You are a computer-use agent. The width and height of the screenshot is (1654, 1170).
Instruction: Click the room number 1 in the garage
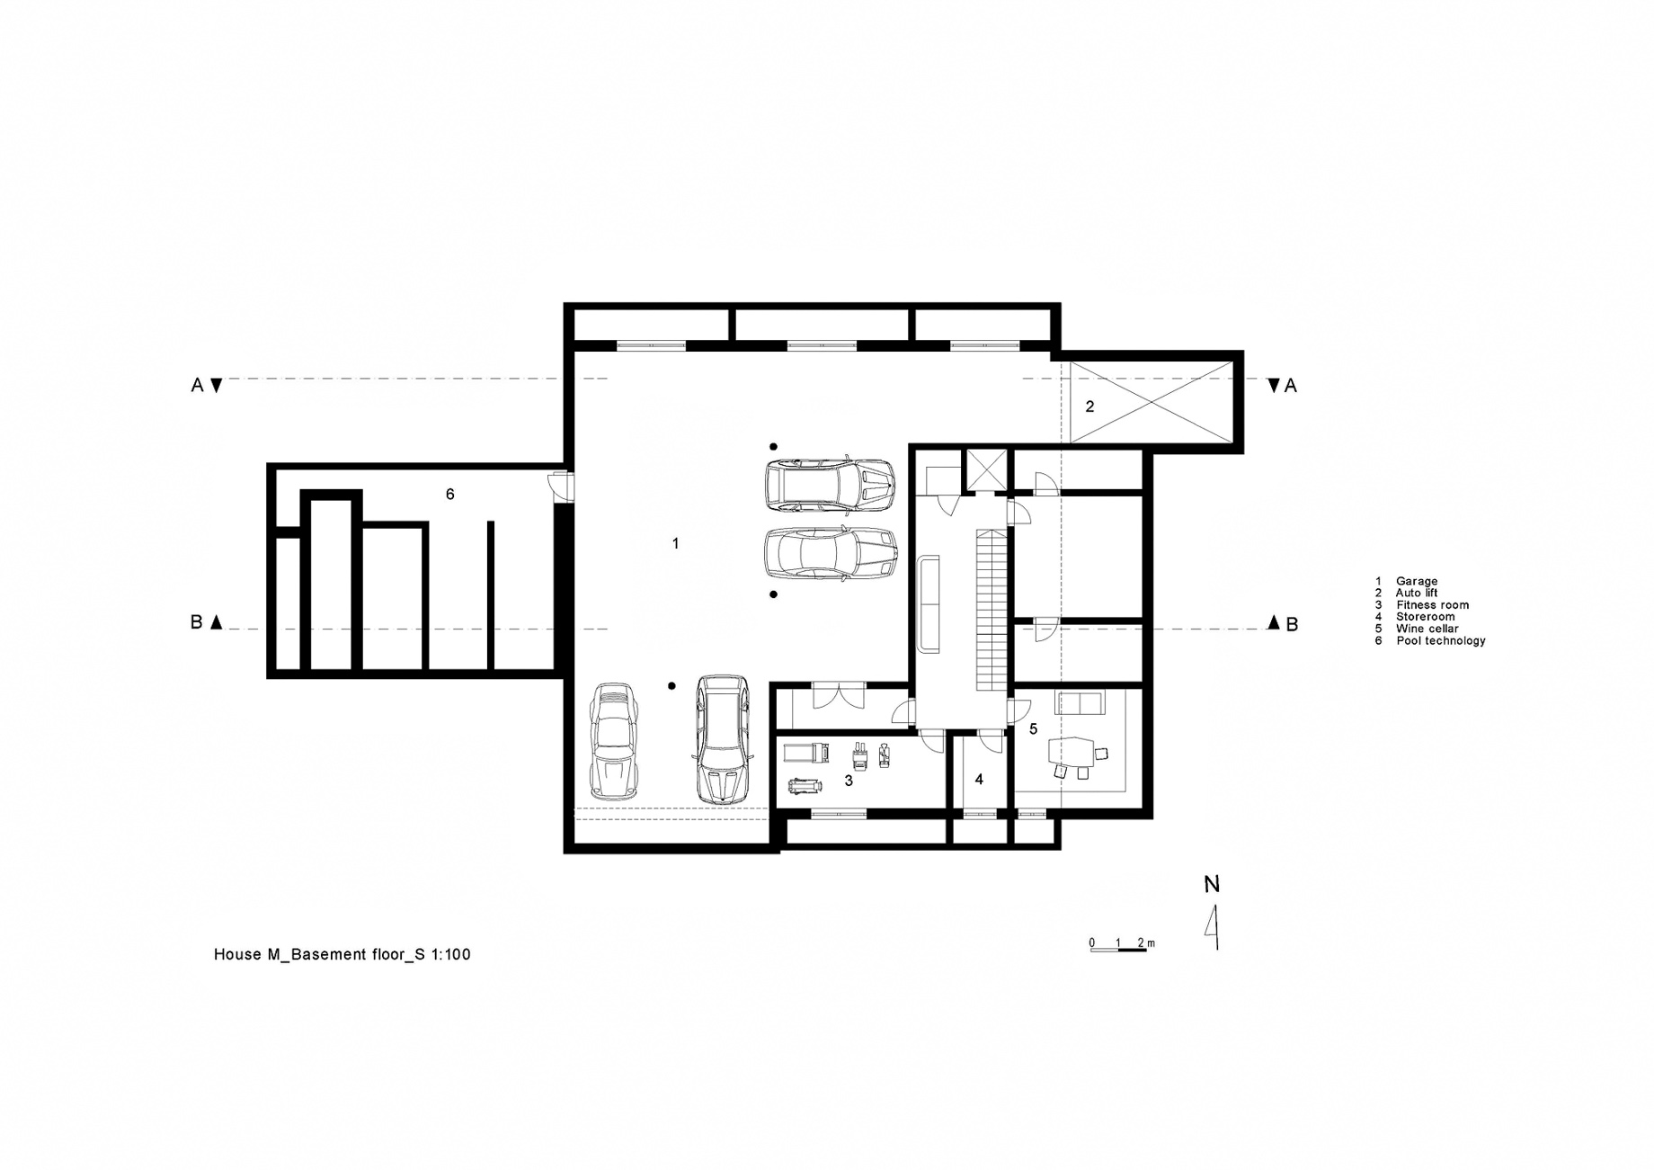tap(676, 543)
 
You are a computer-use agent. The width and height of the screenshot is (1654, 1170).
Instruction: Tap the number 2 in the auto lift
tap(1089, 406)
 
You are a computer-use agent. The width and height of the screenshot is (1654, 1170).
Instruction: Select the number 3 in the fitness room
tap(849, 781)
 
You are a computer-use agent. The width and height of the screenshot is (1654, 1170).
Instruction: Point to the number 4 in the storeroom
tap(979, 780)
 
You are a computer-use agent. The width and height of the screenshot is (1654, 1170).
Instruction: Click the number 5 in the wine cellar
tap(1034, 728)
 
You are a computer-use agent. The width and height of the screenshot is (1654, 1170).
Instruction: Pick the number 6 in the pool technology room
tap(450, 494)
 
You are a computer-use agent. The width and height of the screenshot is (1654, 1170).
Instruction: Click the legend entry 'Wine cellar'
tap(1427, 629)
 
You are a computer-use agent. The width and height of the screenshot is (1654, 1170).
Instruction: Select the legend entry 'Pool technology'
tap(1441, 640)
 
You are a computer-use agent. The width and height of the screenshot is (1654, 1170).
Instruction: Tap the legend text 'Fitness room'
tap(1433, 605)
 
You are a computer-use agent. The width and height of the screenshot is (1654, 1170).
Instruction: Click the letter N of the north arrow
tap(1212, 884)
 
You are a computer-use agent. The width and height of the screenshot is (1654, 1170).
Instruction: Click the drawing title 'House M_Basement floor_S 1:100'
tap(342, 954)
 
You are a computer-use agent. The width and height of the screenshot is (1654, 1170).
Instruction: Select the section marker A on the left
tap(198, 385)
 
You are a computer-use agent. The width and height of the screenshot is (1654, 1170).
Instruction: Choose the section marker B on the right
tap(1292, 624)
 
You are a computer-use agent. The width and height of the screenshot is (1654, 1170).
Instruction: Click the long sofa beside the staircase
tap(929, 603)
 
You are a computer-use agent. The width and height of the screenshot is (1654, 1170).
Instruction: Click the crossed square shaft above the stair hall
tap(984, 469)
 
